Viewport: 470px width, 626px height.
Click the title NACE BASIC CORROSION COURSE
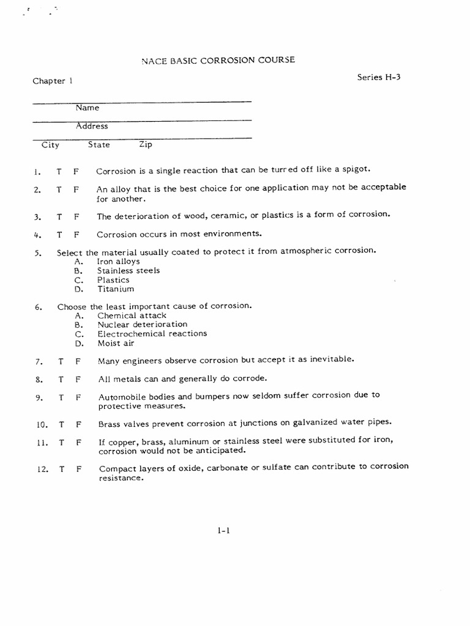pyautogui.click(x=218, y=60)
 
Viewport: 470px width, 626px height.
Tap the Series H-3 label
pyautogui.click(x=379, y=77)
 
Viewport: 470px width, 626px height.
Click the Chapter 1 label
pyautogui.click(x=53, y=81)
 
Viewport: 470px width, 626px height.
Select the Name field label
pyautogui.click(x=87, y=108)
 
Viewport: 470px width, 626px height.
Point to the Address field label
pyautogui.click(x=92, y=126)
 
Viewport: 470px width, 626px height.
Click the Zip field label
pyautogui.click(x=146, y=145)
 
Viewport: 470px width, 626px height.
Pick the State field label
pyautogui.click(x=99, y=145)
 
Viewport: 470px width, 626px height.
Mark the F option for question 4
pyautogui.click(x=76, y=234)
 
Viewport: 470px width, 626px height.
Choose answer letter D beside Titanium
pyautogui.click(x=78, y=289)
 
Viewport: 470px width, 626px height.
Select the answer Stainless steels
pyautogui.click(x=129, y=270)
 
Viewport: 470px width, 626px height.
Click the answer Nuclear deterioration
pyautogui.click(x=143, y=325)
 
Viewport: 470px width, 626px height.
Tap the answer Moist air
pyautogui.click(x=116, y=343)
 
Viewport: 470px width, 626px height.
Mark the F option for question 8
pyautogui.click(x=78, y=379)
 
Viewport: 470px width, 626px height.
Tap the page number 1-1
pyautogui.click(x=223, y=531)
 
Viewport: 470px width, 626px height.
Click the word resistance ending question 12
pyautogui.click(x=121, y=479)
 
